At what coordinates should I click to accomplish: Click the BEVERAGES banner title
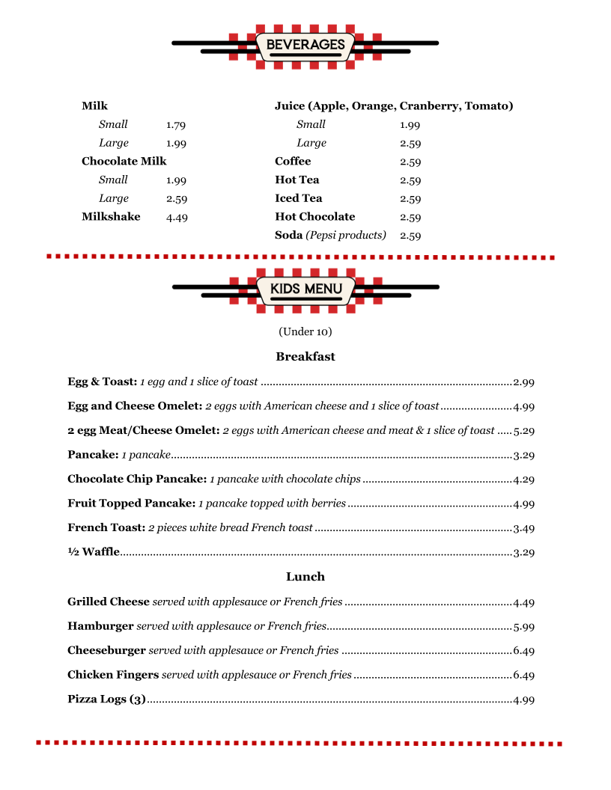click(305, 45)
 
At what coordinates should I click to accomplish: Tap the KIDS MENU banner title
click(305, 289)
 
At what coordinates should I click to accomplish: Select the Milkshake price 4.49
click(177, 218)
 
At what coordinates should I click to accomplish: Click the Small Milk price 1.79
click(176, 125)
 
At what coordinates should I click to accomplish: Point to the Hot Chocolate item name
click(314, 217)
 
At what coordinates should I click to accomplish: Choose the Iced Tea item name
click(298, 198)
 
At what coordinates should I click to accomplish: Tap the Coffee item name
click(293, 162)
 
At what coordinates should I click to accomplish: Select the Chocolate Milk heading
click(124, 162)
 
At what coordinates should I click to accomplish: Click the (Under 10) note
click(305, 331)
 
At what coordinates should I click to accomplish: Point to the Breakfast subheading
click(305, 357)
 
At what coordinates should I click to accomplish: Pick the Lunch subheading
click(305, 577)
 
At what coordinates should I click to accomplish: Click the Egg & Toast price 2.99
click(523, 382)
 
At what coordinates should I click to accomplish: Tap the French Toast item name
click(106, 528)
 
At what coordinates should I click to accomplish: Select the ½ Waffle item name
click(94, 552)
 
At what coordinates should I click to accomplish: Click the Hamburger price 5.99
click(523, 627)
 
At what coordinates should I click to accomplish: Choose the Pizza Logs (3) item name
click(106, 699)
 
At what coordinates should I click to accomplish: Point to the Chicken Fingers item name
click(113, 675)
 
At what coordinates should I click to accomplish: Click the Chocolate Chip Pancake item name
click(137, 479)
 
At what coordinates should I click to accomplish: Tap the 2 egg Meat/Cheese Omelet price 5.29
click(523, 431)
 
